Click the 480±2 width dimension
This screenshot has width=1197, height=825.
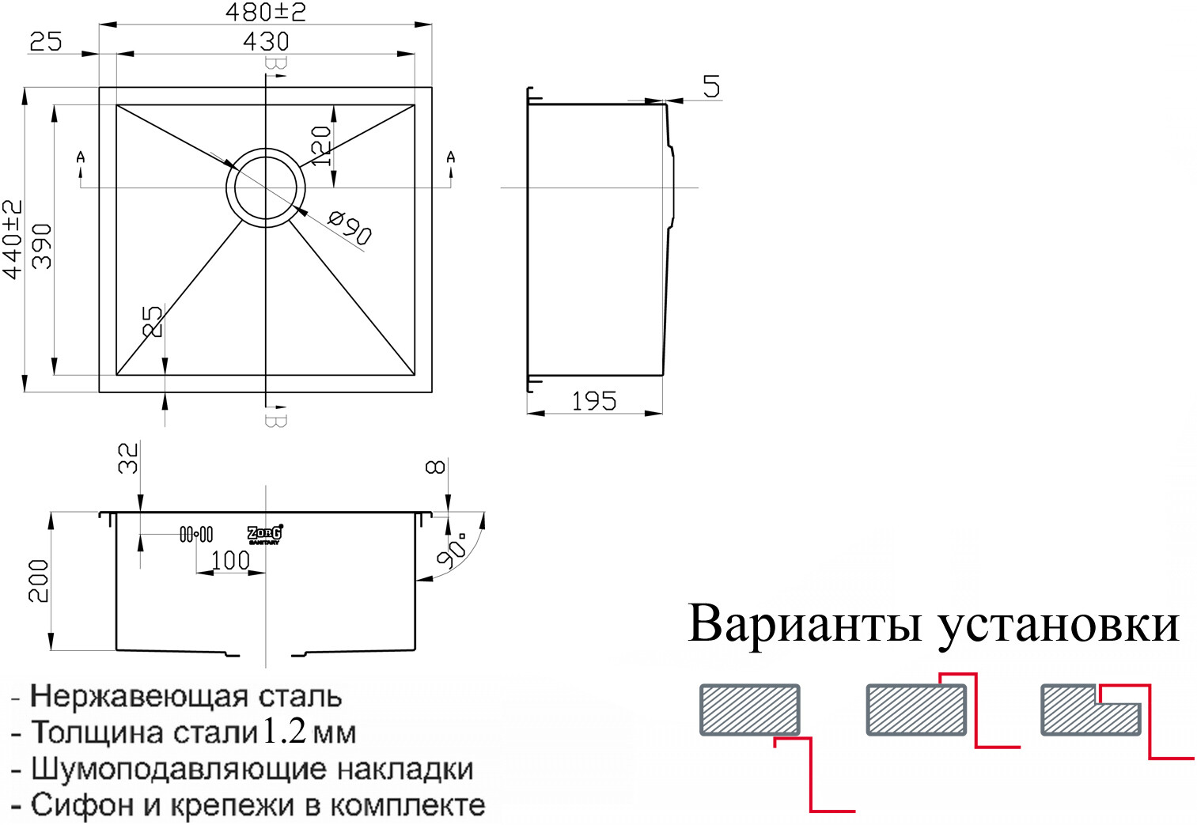(x=265, y=12)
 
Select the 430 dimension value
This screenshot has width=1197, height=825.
(x=266, y=41)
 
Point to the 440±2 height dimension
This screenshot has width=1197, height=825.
(x=13, y=239)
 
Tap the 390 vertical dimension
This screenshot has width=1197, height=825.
(x=41, y=246)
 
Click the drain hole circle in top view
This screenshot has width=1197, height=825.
(x=262, y=187)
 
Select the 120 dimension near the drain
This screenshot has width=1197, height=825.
(x=320, y=146)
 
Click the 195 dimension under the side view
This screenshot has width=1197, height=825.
(x=593, y=401)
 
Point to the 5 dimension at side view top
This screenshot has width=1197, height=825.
(x=711, y=86)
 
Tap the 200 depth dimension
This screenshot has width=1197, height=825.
(x=39, y=581)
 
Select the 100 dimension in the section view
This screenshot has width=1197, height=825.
(x=230, y=560)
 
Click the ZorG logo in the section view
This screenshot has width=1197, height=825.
(x=265, y=535)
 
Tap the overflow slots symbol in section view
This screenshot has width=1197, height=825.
(x=196, y=535)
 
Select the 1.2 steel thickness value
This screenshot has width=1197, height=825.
(x=284, y=731)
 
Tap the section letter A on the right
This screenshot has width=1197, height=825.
(x=451, y=157)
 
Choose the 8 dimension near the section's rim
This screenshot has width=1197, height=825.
(x=436, y=467)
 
